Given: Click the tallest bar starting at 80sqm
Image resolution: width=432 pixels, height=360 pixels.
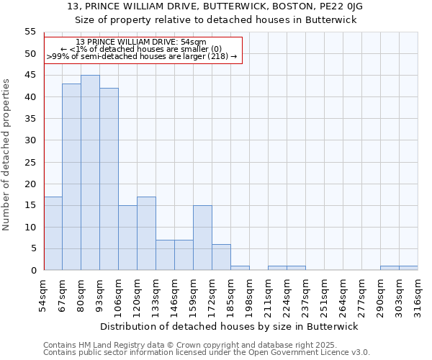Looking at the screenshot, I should point(90,173).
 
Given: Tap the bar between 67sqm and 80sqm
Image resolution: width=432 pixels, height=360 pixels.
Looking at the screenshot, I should point(71,177).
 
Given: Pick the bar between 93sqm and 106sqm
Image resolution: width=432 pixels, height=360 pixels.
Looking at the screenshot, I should point(109,179).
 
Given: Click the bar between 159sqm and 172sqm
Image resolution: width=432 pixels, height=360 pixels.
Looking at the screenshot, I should point(202,238).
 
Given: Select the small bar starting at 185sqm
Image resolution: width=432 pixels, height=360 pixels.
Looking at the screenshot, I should point(240,268).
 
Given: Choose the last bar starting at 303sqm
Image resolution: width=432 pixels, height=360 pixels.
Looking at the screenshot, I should point(408,268).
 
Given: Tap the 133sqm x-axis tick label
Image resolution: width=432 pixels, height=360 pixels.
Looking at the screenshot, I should point(156,295).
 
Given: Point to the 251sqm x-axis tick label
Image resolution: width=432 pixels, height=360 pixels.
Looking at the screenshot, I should point(325,295).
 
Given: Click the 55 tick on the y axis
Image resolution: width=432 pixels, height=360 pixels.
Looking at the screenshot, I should point(30,32).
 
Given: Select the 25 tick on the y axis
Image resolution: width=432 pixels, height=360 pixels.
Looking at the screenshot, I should point(30,162).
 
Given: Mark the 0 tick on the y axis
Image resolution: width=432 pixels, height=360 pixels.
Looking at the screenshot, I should point(33,271).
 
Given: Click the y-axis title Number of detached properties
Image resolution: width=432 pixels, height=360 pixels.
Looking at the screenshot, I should point(7,155).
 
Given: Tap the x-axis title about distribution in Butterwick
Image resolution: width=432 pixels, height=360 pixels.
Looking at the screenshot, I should point(229,326).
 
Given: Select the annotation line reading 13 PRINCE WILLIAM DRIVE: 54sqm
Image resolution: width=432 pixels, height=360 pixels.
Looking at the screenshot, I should point(141,42).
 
